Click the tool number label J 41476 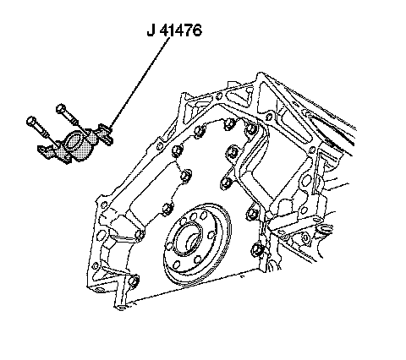pos(174,30)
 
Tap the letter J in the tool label pos(151,30)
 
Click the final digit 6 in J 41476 pos(197,30)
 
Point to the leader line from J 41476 pos(140,83)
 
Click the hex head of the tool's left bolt pos(31,121)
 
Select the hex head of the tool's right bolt pos(61,108)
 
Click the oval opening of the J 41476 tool pos(74,140)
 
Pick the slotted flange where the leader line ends pos(106,134)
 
